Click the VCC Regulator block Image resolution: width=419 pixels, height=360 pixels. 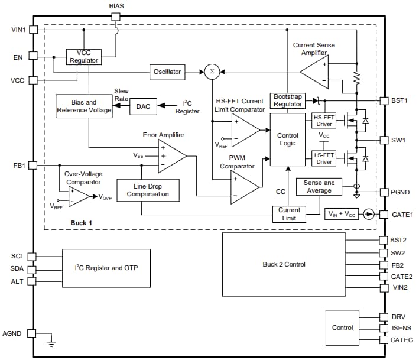(x=83, y=57)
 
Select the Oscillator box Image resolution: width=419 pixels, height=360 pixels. (x=167, y=72)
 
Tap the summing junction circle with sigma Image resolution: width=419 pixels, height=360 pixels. (x=211, y=72)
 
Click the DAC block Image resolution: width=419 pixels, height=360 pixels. (x=143, y=106)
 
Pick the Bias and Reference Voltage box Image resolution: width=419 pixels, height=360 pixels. (x=83, y=106)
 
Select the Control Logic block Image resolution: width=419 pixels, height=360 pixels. (x=288, y=140)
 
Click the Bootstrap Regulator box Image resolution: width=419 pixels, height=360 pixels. (x=288, y=100)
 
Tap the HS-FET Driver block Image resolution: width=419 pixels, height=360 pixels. (x=324, y=121)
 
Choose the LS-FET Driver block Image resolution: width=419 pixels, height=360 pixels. (x=324, y=158)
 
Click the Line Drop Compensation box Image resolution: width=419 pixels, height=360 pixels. (x=147, y=190)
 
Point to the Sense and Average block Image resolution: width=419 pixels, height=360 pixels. (x=319, y=187)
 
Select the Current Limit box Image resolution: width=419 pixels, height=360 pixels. (x=289, y=213)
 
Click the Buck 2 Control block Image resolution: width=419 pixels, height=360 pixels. (x=284, y=264)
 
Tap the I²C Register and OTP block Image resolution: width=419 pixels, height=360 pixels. (x=106, y=268)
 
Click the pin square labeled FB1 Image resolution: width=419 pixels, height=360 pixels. (x=33, y=165)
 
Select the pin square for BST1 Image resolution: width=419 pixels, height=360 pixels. (x=384, y=100)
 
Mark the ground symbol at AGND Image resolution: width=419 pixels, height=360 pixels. (x=51, y=341)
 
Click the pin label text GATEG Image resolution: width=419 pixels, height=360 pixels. (x=402, y=340)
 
